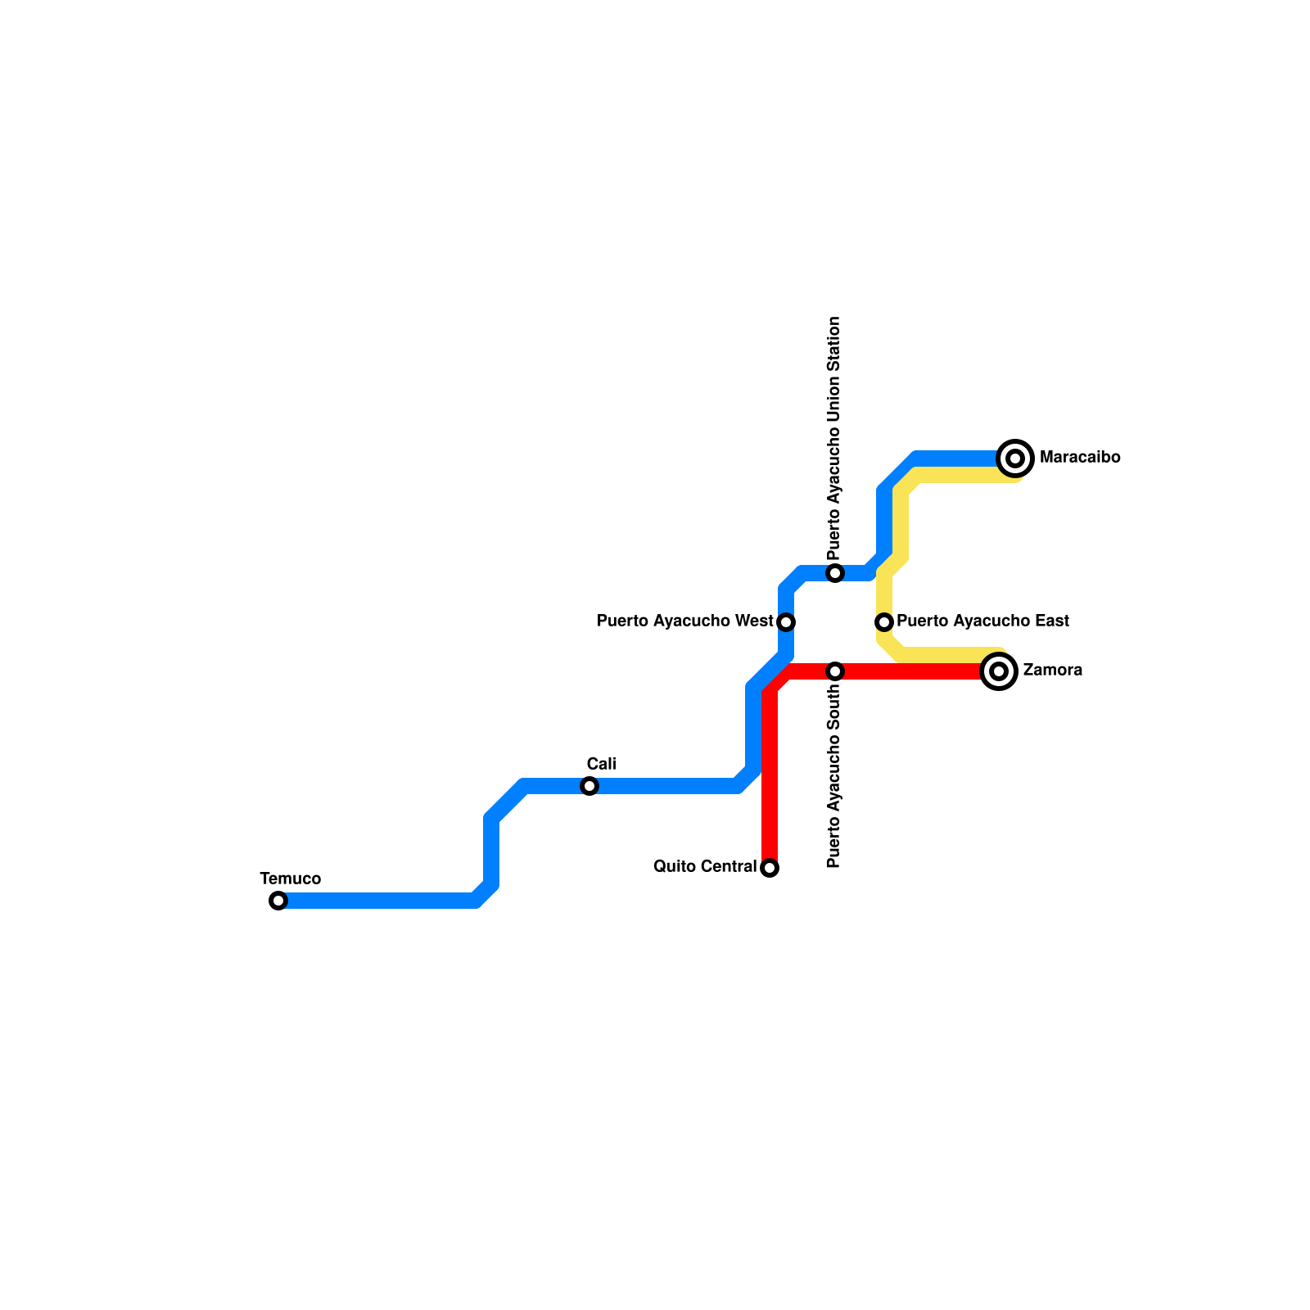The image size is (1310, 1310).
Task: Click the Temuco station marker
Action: (x=278, y=901)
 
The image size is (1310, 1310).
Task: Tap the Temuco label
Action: (x=291, y=879)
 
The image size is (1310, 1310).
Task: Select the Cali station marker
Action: (x=589, y=786)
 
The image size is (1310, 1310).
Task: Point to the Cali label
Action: (x=602, y=764)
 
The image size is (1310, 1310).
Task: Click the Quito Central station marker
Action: (x=770, y=868)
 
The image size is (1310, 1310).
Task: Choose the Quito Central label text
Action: (x=705, y=866)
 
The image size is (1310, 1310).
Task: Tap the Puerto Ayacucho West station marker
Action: (x=786, y=622)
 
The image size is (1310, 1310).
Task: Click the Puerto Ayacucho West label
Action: (x=685, y=621)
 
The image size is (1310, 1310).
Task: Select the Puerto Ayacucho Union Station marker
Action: (x=835, y=573)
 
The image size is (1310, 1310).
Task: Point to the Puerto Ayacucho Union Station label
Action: (x=834, y=438)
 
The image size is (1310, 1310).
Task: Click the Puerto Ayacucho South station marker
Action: (x=835, y=671)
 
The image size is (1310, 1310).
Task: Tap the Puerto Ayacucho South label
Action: (x=834, y=776)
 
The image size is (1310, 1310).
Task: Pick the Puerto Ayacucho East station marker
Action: (x=884, y=622)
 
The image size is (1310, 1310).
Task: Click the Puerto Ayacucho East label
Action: (x=982, y=621)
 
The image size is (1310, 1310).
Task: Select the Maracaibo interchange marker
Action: (x=1016, y=458)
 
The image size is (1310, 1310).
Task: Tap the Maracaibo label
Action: (x=1080, y=458)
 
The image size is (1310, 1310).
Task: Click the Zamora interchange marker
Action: (x=999, y=671)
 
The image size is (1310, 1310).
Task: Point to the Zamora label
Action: (x=1053, y=670)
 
